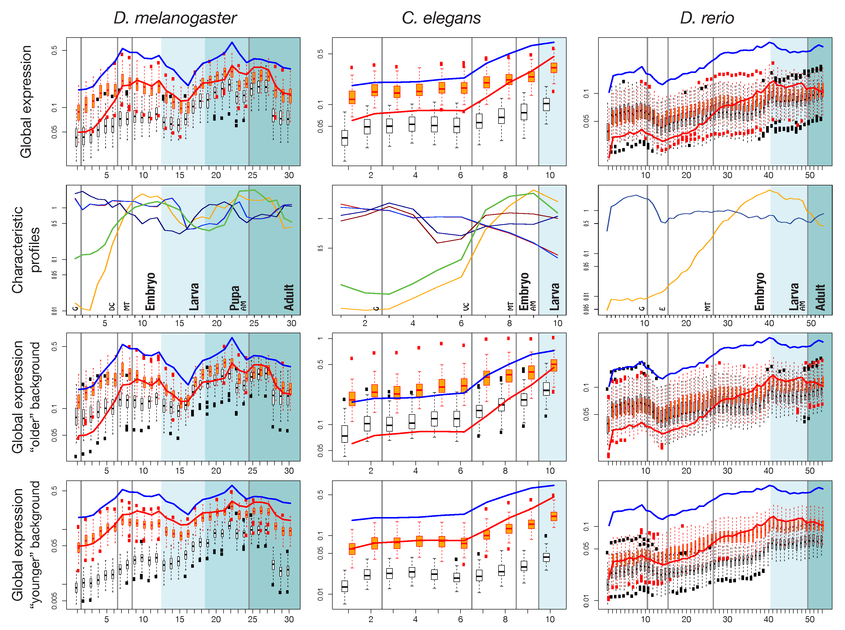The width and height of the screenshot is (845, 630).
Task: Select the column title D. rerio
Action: tap(707, 18)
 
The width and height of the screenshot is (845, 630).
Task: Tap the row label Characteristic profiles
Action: tap(26, 250)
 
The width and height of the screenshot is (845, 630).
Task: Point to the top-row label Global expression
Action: tap(26, 101)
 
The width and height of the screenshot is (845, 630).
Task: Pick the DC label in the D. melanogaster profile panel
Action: tap(112, 307)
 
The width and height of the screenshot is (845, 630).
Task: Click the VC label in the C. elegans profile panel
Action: tap(466, 307)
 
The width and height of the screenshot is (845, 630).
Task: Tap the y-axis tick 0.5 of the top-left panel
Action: tap(54, 50)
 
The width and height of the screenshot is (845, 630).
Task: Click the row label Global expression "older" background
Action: tap(26, 397)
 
